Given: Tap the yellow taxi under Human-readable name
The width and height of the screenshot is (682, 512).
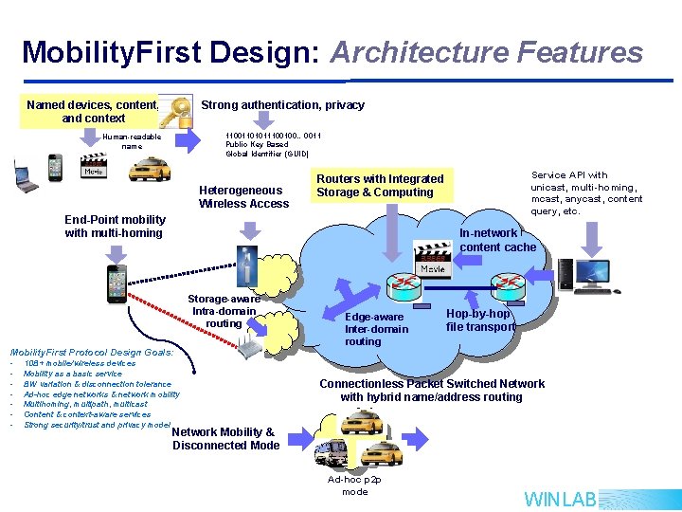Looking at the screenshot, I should pyautogui.click(x=149, y=168).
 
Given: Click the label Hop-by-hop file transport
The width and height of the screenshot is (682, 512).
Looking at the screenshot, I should pyautogui.click(x=480, y=320).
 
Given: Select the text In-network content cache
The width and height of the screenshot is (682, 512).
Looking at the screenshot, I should pyautogui.click(x=497, y=240).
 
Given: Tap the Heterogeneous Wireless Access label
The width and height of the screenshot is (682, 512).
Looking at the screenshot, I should pyautogui.click(x=243, y=196).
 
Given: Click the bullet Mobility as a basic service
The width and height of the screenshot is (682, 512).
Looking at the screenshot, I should pyautogui.click(x=73, y=374).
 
